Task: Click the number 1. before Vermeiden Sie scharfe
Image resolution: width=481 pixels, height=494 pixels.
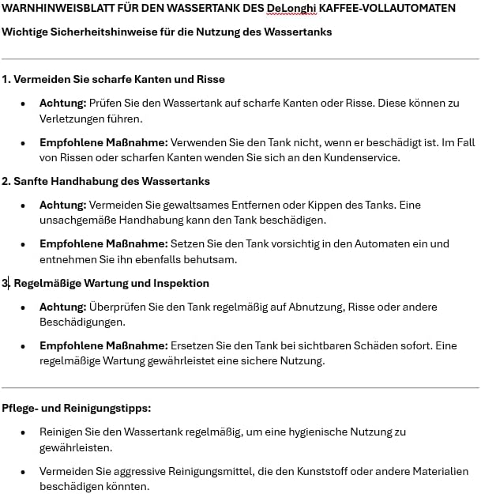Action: click(x=6, y=79)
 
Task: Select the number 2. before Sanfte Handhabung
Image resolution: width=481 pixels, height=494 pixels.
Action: click(x=6, y=181)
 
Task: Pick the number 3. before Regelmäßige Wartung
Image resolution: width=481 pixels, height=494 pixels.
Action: click(x=6, y=283)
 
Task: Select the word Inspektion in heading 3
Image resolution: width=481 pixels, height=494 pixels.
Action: click(x=183, y=283)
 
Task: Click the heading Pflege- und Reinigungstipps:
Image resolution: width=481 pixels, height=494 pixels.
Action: click(x=76, y=408)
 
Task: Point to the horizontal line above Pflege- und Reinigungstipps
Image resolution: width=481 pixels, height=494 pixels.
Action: click(x=240, y=387)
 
